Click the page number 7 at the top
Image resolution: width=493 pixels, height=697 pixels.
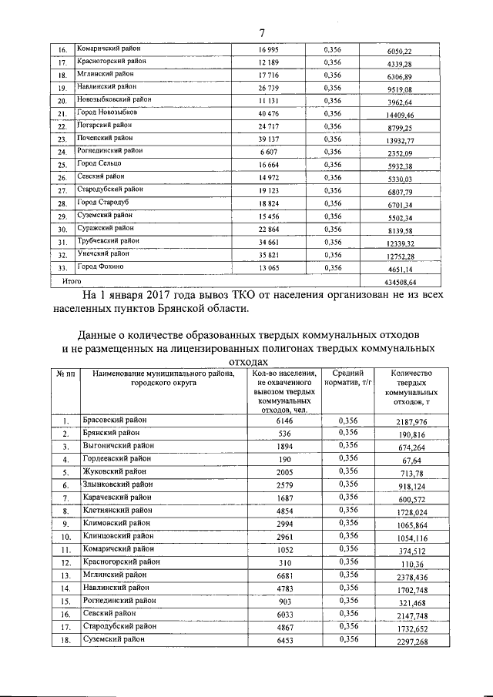[x=262, y=32]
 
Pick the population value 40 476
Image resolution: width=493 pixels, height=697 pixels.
[x=269, y=112]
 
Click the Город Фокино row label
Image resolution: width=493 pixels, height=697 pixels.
[x=99, y=266]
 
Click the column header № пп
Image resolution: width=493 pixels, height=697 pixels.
[x=65, y=374]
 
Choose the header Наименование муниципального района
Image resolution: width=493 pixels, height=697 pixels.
[x=163, y=374]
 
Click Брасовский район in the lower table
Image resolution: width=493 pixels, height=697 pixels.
[x=113, y=420]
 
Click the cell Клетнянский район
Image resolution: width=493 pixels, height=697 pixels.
[x=116, y=509]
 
